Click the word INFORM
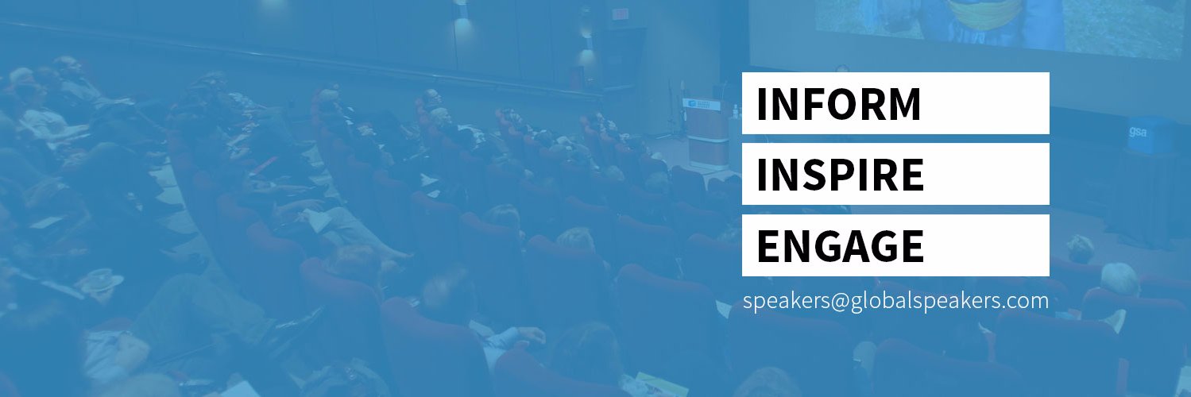838,104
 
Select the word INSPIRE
840,175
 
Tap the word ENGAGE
840,245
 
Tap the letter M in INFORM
903,104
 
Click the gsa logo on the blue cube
1138,131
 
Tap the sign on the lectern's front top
701,104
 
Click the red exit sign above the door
620,13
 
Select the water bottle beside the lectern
736,112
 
